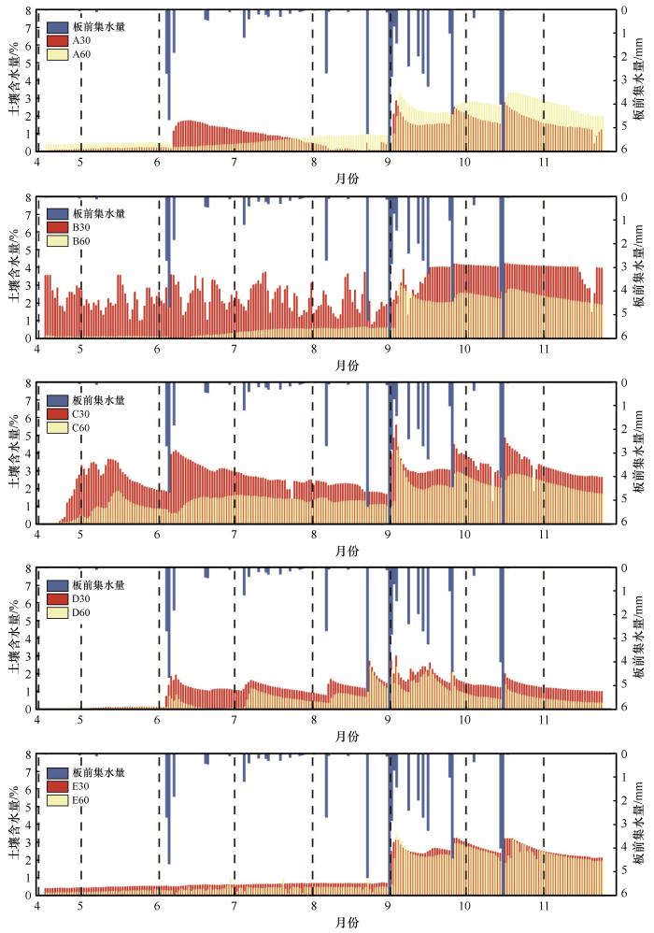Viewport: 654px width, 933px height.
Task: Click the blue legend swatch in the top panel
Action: [56, 27]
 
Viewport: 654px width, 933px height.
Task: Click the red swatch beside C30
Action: [56, 413]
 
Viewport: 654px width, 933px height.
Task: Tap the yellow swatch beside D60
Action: [56, 611]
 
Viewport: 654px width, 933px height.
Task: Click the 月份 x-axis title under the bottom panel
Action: [346, 922]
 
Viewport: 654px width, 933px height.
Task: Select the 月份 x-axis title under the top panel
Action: [346, 177]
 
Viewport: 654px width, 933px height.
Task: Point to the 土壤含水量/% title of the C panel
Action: [13, 452]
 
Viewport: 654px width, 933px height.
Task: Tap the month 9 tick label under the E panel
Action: [389, 907]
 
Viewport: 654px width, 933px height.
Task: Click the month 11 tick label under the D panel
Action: [543, 721]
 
